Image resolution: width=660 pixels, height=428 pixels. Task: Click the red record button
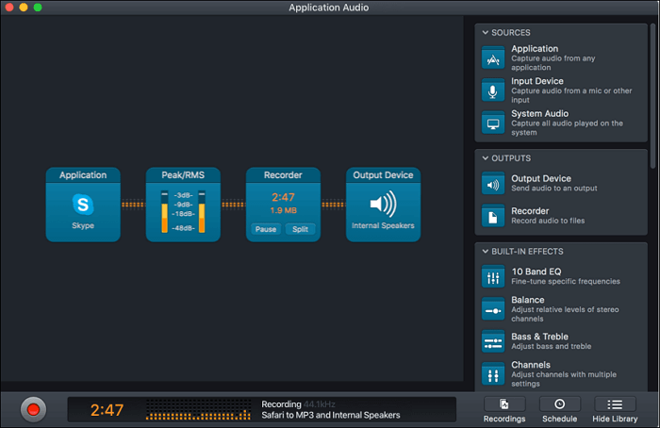pos(34,409)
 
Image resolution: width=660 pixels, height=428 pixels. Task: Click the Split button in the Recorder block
pos(300,229)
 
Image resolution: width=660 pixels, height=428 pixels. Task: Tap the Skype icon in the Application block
pos(83,205)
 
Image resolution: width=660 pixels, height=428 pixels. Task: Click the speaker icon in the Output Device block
pos(384,204)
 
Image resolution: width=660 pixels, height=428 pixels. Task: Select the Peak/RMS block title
pos(183,175)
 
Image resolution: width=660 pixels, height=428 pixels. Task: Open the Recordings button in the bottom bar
pos(504,409)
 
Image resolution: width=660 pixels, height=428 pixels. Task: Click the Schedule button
pos(560,409)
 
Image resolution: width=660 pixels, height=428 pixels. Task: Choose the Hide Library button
pos(615,409)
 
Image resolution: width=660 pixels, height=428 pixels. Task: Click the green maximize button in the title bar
pos(38,8)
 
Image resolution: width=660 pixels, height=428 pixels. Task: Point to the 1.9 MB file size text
pos(283,210)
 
